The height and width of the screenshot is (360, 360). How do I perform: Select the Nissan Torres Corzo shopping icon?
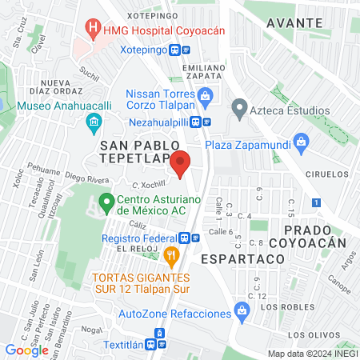[x=206, y=98]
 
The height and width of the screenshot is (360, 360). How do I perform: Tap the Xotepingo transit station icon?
[x=185, y=49]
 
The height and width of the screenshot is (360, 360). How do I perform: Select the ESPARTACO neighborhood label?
[x=232, y=259]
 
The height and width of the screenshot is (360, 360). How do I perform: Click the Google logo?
[x=27, y=350]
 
